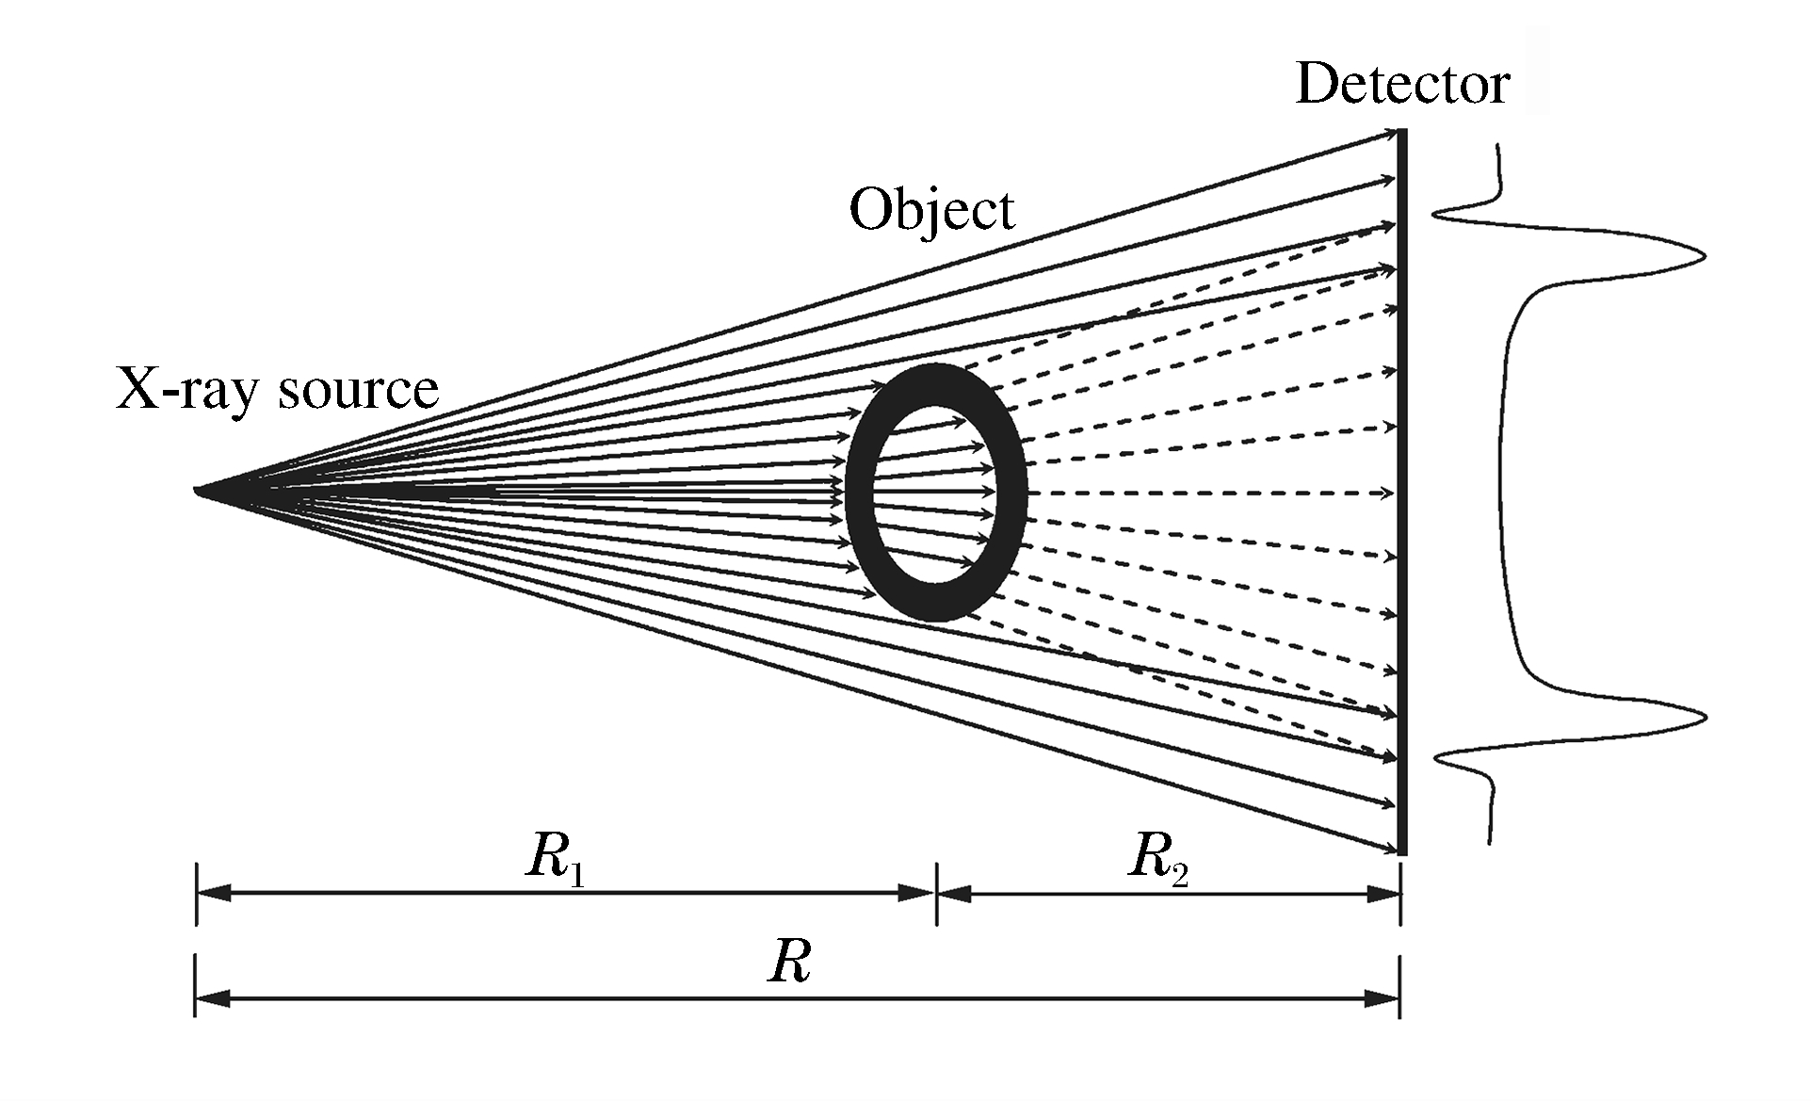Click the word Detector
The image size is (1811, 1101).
pyautogui.click(x=1402, y=85)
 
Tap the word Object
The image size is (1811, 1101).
pyautogui.click(x=931, y=211)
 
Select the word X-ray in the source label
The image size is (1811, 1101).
pyautogui.click(x=184, y=388)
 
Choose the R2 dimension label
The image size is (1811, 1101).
pyautogui.click(x=1157, y=860)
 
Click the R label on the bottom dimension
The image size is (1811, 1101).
pyautogui.click(x=789, y=963)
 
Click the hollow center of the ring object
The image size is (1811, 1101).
pyautogui.click(x=932, y=493)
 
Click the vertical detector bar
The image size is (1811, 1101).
pyautogui.click(x=1402, y=490)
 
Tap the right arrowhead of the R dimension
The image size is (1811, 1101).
pyautogui.click(x=1383, y=998)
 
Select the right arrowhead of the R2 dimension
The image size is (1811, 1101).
pyautogui.click(x=1383, y=893)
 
